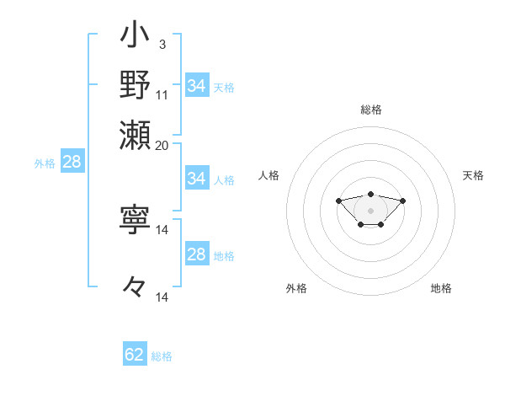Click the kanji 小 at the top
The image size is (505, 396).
[x=135, y=37]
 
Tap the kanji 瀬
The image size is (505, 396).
[x=135, y=131]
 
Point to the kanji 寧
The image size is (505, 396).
[x=135, y=220]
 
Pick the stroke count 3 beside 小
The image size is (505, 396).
[x=162, y=43]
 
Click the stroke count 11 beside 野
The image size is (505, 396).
[x=162, y=94]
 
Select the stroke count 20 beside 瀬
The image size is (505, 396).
[x=162, y=144]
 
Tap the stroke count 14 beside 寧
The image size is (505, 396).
[x=162, y=229]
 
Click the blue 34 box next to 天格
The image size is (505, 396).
[x=197, y=86]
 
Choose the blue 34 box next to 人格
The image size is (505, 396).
[x=197, y=179]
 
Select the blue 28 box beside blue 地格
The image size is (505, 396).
[x=197, y=254]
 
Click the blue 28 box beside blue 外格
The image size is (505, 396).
[x=72, y=163]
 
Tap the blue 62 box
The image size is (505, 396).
[x=135, y=355]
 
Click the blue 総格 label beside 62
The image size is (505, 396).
[x=162, y=356]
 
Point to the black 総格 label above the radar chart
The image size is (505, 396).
[x=370, y=110]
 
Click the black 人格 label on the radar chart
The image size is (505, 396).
[x=269, y=175]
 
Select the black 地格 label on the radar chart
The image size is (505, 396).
[x=441, y=288]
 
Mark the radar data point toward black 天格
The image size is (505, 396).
[x=402, y=201]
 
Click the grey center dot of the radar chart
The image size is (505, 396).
[x=370, y=211]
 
